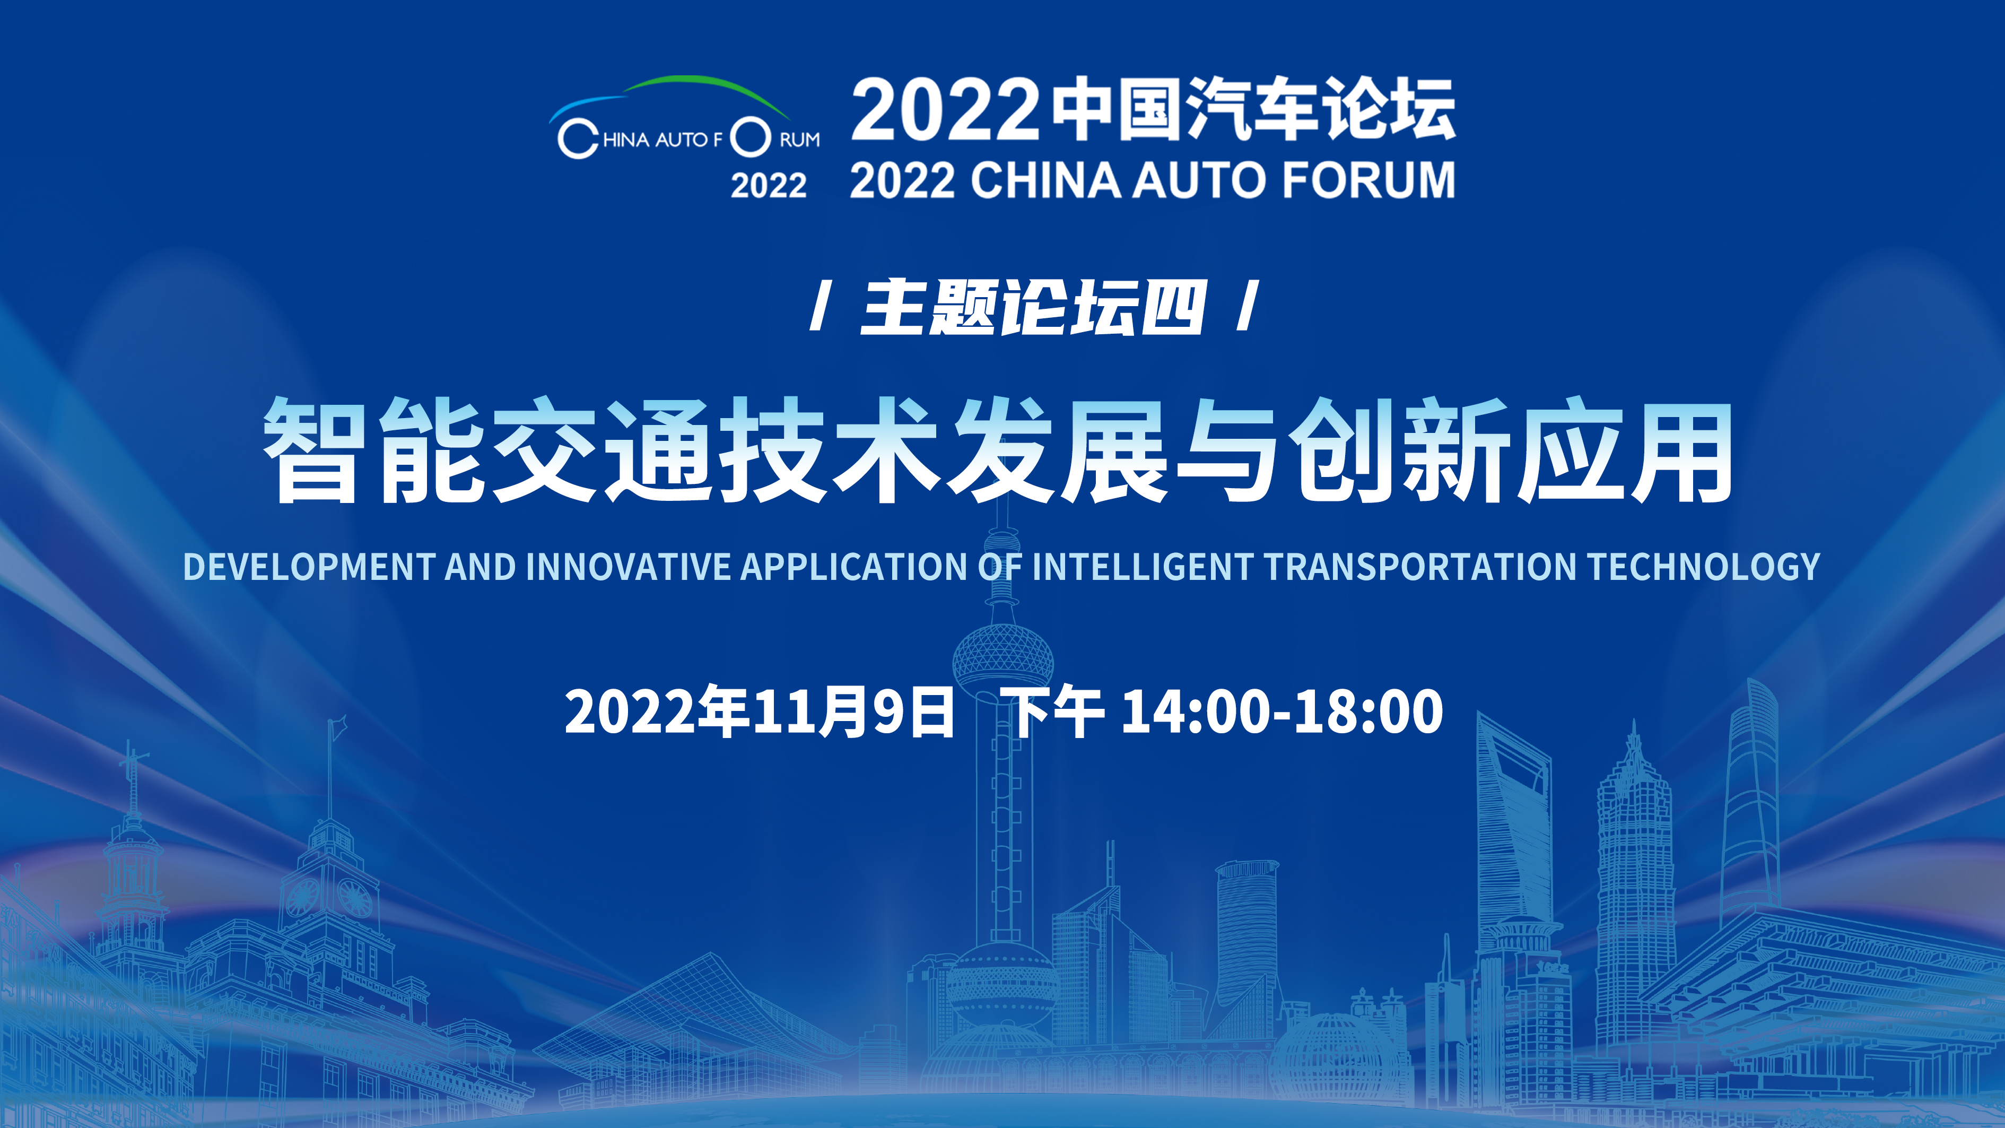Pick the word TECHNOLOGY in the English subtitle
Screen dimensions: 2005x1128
[1704, 566]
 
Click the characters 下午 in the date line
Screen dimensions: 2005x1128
[1056, 711]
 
